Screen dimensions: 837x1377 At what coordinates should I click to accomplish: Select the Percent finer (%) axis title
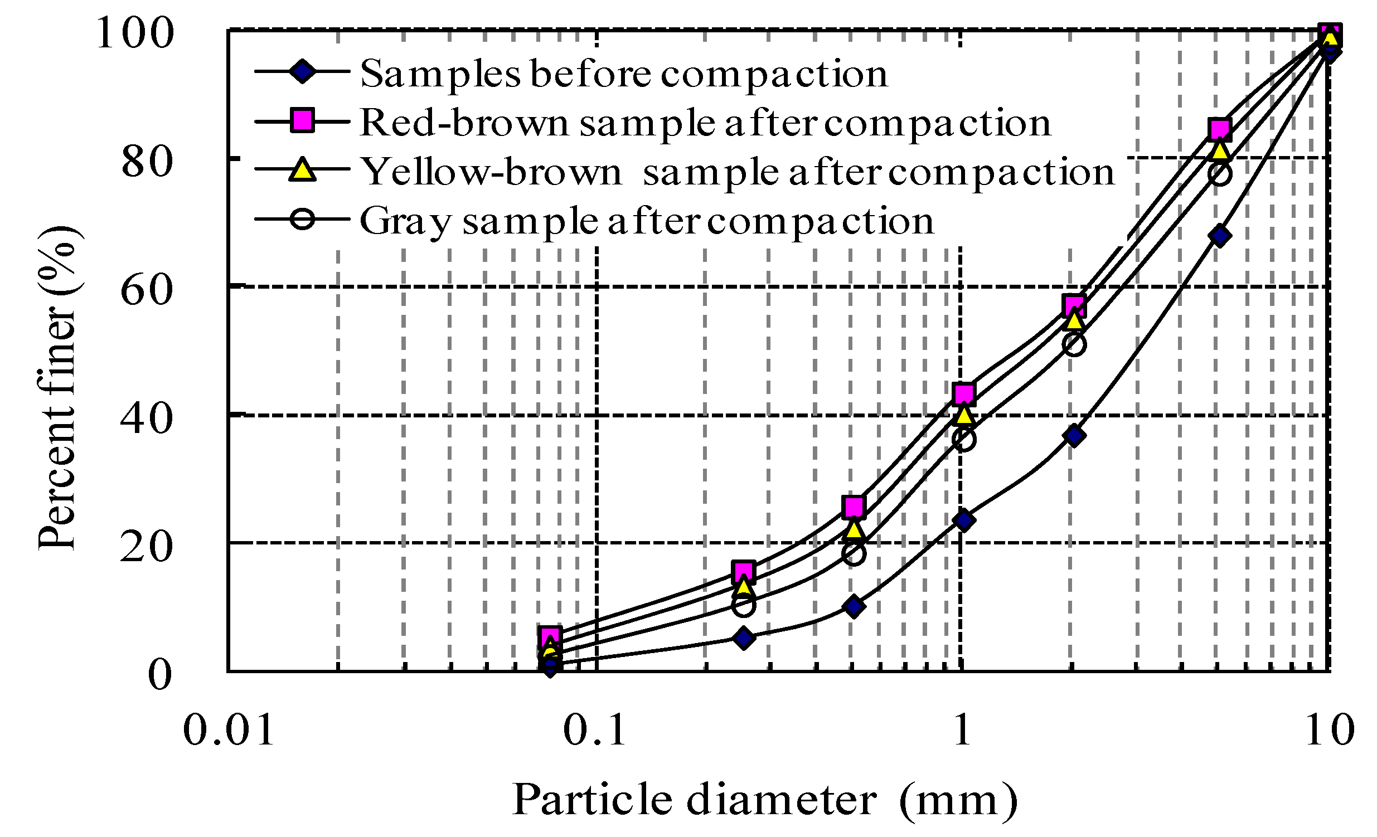pyautogui.click(x=58, y=388)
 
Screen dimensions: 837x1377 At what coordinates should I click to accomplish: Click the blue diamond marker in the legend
pyautogui.click(x=302, y=71)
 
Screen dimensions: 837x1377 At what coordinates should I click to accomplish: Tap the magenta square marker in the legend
pyautogui.click(x=302, y=120)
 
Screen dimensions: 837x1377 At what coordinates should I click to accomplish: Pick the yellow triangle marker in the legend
pyautogui.click(x=302, y=169)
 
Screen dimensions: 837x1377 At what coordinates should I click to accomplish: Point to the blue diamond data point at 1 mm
pyautogui.click(x=964, y=520)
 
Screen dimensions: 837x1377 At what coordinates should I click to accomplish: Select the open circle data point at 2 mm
pyautogui.click(x=1074, y=345)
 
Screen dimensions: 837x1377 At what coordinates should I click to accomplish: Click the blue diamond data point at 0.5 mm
pyautogui.click(x=854, y=606)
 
